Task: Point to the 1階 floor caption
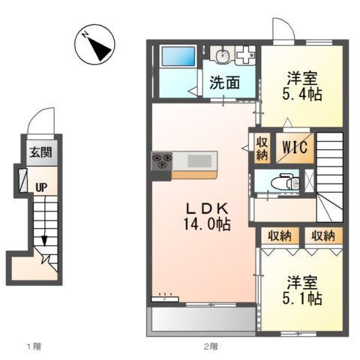pyautogui.click(x=34, y=346)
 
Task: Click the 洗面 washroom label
pyautogui.click(x=224, y=83)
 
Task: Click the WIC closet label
pyautogui.click(x=294, y=148)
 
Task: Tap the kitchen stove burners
pyautogui.click(x=163, y=161)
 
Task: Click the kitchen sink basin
pyautogui.click(x=200, y=160)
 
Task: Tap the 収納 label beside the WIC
pyautogui.click(x=261, y=148)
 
